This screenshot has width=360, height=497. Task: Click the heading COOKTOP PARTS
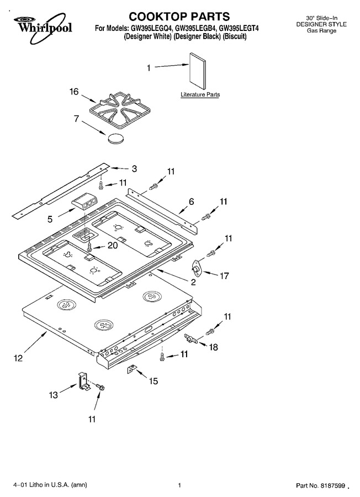click(179, 16)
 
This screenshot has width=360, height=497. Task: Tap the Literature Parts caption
click(200, 94)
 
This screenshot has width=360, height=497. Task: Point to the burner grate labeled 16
click(120, 110)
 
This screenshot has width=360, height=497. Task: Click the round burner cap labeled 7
click(115, 139)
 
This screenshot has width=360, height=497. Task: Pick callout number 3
click(134, 168)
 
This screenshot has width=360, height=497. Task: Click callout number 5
click(50, 219)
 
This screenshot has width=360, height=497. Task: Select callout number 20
click(113, 245)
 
